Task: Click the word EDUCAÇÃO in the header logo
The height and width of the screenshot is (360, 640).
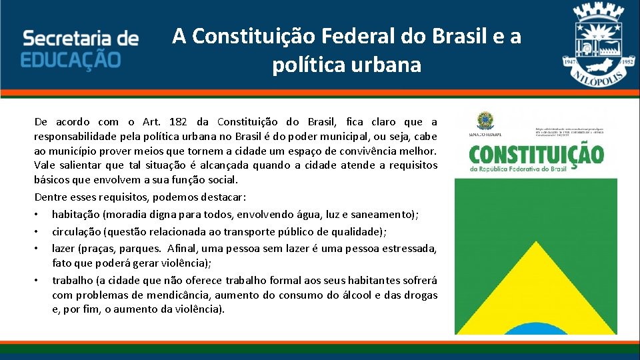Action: click(71, 58)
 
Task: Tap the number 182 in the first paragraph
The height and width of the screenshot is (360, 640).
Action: click(179, 121)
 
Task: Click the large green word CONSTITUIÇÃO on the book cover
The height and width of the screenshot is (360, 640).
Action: click(536, 155)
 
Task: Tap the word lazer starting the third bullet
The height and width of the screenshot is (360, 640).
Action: click(64, 249)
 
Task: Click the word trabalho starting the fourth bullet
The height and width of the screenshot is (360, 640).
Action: click(72, 280)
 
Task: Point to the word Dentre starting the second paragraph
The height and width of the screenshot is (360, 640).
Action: click(51, 197)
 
